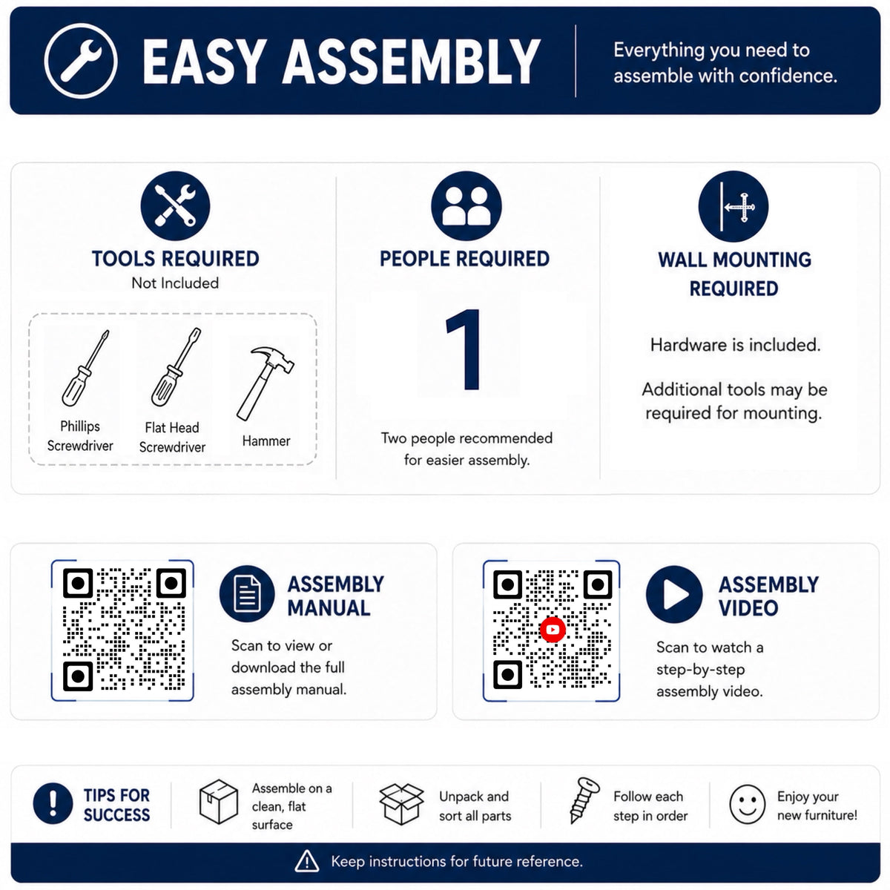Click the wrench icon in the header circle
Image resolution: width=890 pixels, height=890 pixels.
(x=82, y=61)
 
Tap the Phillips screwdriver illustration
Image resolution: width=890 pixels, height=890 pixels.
(x=85, y=368)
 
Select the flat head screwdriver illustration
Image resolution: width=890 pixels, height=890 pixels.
(x=176, y=366)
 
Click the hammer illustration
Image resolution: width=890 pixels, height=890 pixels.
(x=265, y=383)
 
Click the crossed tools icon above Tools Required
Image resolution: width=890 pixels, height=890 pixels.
(x=176, y=205)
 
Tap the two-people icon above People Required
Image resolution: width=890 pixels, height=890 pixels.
(x=466, y=206)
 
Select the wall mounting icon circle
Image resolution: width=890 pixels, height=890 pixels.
(x=734, y=206)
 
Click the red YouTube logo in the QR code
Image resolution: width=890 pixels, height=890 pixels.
(x=553, y=629)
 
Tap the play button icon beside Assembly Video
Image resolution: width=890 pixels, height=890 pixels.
(x=674, y=594)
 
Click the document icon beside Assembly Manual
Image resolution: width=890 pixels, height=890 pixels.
(x=247, y=593)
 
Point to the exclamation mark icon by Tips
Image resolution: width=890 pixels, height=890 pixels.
(x=53, y=803)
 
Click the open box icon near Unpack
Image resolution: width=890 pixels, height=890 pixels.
(x=401, y=804)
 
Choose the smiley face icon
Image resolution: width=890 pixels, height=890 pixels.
(x=748, y=804)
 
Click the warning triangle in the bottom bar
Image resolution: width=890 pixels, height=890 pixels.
(x=306, y=861)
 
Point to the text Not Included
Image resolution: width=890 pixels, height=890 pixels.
(x=175, y=283)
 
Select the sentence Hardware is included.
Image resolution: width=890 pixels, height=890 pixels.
(x=735, y=345)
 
